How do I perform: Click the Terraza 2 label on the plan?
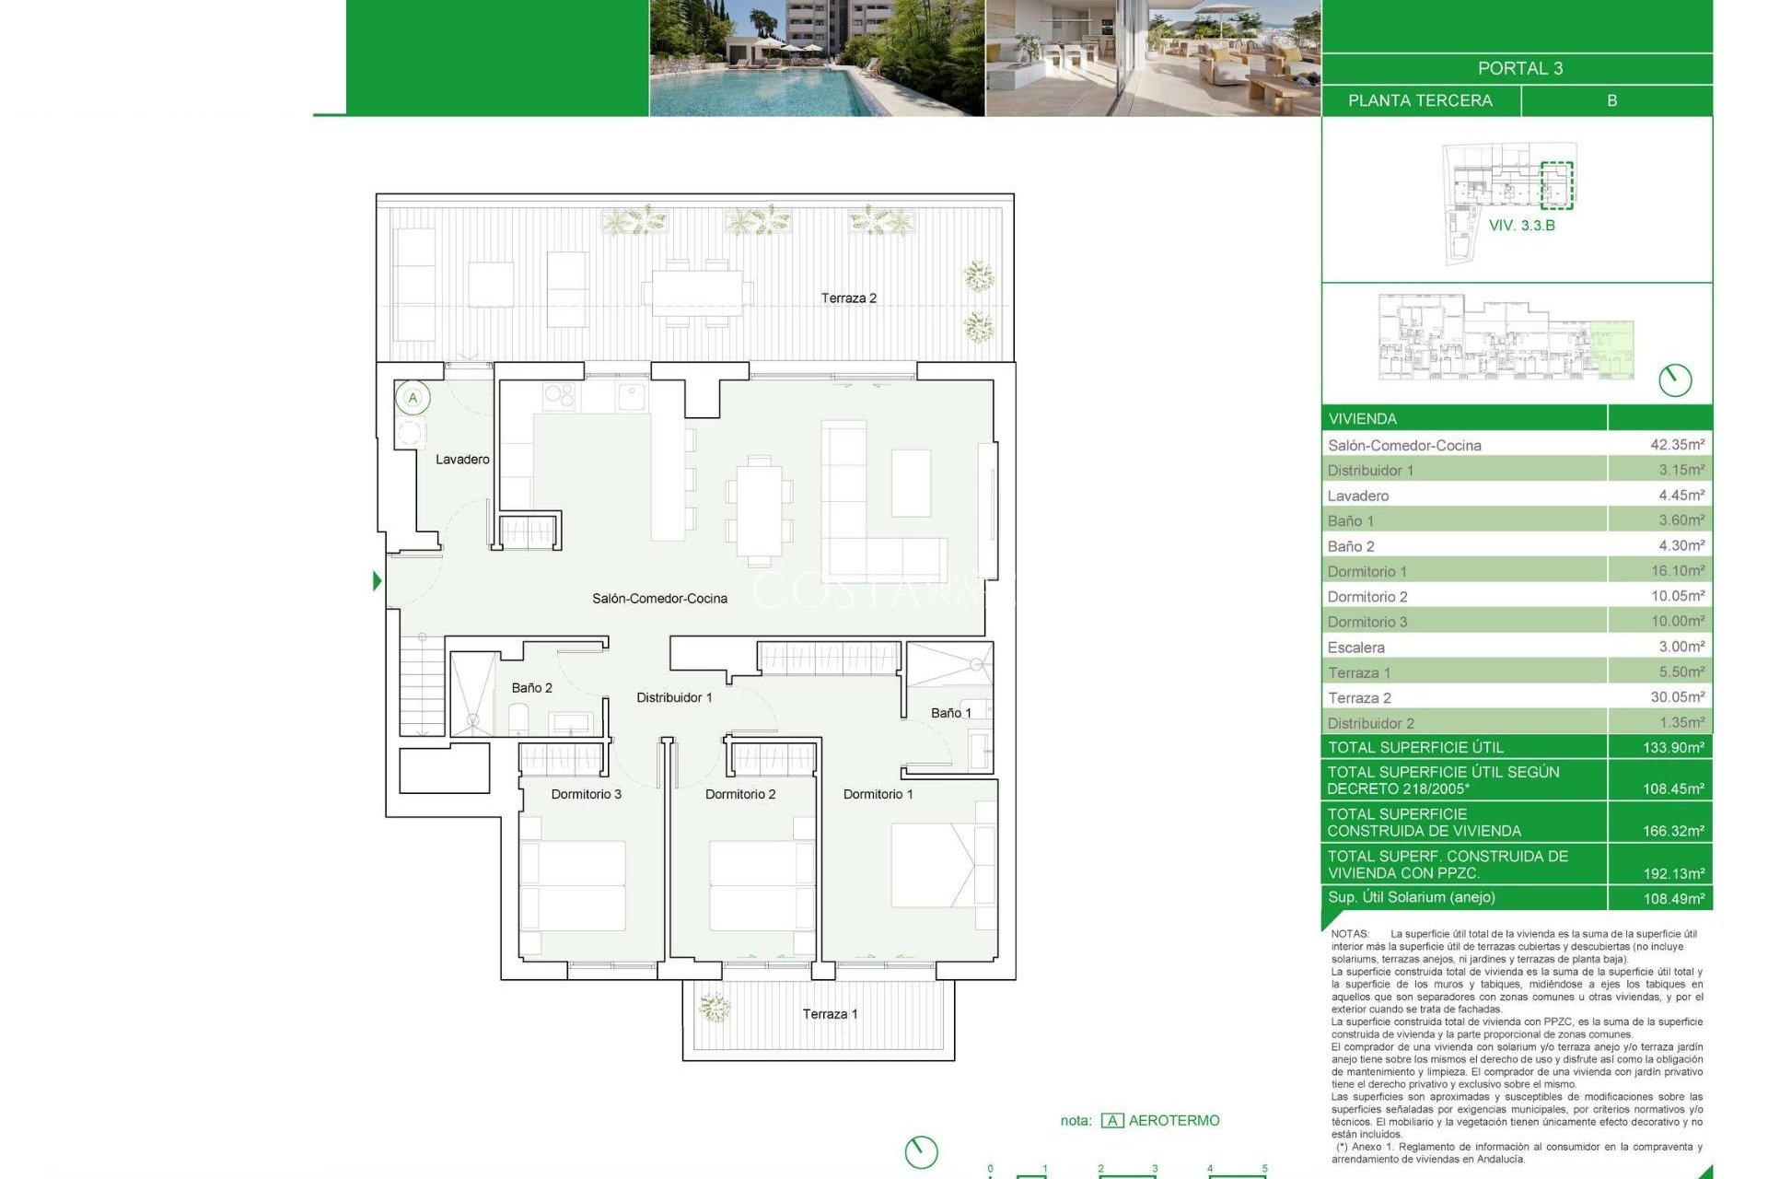(848, 298)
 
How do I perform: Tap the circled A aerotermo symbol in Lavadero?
(413, 398)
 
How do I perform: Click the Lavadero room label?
(462, 459)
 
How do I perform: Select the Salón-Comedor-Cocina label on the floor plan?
(659, 598)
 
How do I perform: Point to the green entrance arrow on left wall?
(377, 580)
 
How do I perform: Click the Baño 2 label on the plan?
(531, 687)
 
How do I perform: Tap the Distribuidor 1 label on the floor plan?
(674, 697)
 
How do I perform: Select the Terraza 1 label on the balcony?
(830, 1013)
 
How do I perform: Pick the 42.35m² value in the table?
(1677, 444)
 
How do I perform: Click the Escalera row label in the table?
(1355, 647)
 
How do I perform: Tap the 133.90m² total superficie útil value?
(1673, 747)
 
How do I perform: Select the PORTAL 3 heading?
(1519, 68)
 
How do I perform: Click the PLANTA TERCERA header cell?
(1420, 100)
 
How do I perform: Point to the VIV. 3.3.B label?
(1521, 225)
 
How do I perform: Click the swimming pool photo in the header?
(816, 57)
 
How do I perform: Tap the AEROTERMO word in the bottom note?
(1173, 1120)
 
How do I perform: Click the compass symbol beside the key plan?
(1674, 379)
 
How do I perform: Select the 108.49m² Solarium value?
(1673, 898)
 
